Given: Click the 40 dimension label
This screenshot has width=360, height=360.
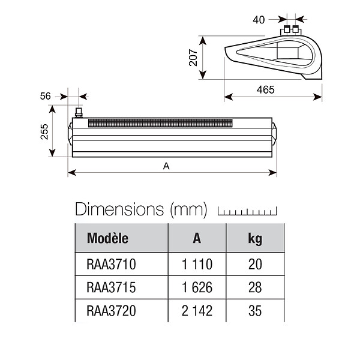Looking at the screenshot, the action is [259, 20].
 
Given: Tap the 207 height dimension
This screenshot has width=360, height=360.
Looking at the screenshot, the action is [193, 58].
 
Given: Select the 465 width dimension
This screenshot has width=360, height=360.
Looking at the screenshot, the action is [266, 90].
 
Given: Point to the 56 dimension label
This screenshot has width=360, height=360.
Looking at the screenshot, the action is [45, 96].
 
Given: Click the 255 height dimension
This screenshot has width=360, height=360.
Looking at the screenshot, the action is [44, 132].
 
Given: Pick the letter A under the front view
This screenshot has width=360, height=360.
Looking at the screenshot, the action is [166, 166].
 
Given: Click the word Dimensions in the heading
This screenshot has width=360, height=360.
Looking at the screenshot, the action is [119, 209].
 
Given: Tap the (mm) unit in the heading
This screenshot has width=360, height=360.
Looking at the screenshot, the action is [189, 209].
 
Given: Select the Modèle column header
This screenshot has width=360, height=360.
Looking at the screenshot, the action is [107, 238].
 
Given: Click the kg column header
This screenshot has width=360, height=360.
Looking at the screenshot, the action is [255, 239].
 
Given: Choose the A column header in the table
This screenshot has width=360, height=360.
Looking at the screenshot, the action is [197, 238].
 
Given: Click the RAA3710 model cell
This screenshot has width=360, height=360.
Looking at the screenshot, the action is [112, 264].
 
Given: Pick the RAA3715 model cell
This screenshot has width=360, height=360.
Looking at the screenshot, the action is [112, 287].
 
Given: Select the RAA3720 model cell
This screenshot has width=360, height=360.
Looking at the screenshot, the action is [112, 311].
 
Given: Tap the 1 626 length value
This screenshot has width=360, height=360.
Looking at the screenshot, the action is [197, 287].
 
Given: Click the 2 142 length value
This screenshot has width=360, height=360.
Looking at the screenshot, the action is [197, 311].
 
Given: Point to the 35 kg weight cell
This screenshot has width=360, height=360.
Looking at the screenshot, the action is [255, 311].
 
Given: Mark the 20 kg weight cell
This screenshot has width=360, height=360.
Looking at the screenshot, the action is [255, 264].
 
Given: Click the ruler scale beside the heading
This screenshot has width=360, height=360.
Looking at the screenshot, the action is [247, 211].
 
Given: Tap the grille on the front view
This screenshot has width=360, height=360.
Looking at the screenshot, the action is [160, 123].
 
